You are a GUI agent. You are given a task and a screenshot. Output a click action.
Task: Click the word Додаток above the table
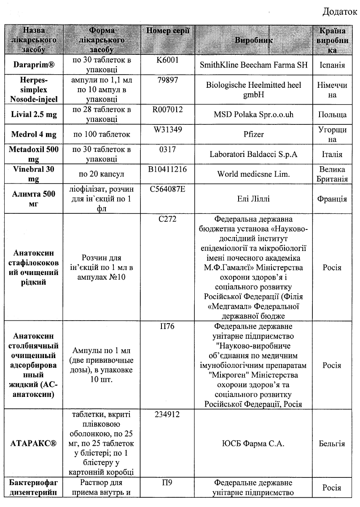coord(340,11)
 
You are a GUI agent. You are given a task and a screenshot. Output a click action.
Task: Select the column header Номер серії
coord(168,31)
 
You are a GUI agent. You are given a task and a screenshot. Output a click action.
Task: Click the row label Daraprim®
coord(33,65)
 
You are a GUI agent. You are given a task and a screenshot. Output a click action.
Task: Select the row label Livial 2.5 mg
coord(33,115)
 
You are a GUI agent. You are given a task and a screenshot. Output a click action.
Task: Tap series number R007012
coord(168,110)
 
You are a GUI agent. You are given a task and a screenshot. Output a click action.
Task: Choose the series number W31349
coord(168,130)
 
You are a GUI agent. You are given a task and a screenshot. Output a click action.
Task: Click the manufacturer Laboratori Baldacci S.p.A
coord(254,154)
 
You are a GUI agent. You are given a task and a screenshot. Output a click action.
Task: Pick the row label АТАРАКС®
coord(33,444)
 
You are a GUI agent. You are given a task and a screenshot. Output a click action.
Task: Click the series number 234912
coord(168,415)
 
